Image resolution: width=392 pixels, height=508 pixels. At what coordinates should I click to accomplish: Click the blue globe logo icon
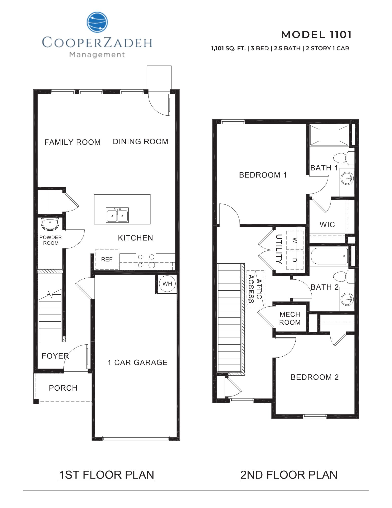(97, 22)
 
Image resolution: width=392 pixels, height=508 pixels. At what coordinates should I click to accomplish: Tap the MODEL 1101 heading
(316, 35)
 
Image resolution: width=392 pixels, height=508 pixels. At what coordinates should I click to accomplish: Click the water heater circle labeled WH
(167, 284)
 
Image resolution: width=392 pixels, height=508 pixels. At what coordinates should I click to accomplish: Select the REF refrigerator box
(107, 259)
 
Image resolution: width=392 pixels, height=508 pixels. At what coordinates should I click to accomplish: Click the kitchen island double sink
(117, 215)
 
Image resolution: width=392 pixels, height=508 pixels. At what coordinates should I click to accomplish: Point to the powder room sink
(50, 224)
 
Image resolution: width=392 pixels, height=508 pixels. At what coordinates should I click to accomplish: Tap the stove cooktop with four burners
(146, 261)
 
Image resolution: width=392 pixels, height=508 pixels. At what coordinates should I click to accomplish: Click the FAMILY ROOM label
(72, 142)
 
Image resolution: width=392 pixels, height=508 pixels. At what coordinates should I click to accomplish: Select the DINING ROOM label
(140, 141)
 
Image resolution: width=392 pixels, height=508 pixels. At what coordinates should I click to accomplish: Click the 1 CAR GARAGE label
(138, 362)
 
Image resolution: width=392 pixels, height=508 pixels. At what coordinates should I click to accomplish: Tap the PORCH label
(63, 388)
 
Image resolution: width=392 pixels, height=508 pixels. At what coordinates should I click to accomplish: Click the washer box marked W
(295, 240)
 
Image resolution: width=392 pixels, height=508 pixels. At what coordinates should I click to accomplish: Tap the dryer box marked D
(295, 260)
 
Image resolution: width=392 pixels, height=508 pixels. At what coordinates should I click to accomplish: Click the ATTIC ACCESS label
(255, 289)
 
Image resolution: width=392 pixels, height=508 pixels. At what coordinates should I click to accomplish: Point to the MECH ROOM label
(290, 318)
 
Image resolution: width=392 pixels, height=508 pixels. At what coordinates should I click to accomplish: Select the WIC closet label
(327, 225)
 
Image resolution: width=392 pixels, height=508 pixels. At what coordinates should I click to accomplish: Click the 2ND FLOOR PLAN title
(289, 475)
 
